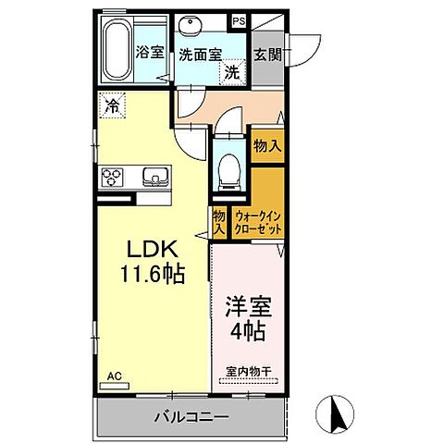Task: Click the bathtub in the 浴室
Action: (116, 53)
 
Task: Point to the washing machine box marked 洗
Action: (235, 71)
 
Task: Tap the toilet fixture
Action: (228, 169)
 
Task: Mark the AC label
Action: (114, 376)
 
